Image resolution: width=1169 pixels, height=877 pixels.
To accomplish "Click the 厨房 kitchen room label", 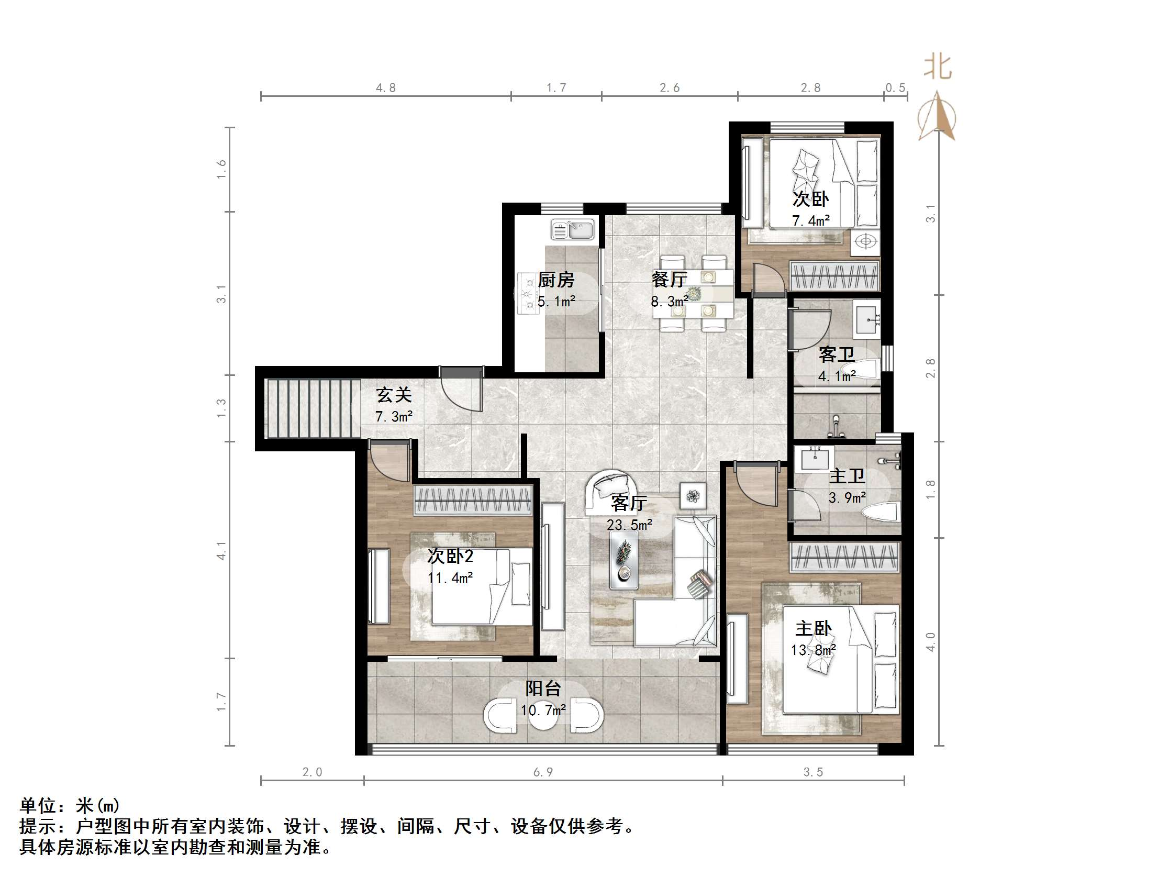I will (556, 280).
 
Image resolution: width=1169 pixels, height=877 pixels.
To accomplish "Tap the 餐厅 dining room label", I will (669, 279).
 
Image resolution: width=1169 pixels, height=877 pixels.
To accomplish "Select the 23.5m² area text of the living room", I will (629, 525).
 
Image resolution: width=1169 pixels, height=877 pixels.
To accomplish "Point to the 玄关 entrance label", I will (394, 395).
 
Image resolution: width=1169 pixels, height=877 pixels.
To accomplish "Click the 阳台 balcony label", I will (543, 689).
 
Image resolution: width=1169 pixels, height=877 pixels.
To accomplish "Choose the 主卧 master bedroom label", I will (814, 628).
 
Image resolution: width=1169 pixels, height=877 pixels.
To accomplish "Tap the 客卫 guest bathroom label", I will (836, 354).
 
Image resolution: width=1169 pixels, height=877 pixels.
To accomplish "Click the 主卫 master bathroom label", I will (847, 476).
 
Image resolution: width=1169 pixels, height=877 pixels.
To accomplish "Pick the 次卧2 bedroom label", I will (450, 556).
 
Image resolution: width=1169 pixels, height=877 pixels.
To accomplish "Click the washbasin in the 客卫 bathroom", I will (867, 319).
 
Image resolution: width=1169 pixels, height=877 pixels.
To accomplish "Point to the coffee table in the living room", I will (624, 560).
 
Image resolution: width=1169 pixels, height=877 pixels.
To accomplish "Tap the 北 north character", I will (938, 68).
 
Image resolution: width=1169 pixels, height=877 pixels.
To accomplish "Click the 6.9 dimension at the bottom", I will (543, 772).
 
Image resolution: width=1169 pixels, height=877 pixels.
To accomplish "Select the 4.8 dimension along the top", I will (386, 88).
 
